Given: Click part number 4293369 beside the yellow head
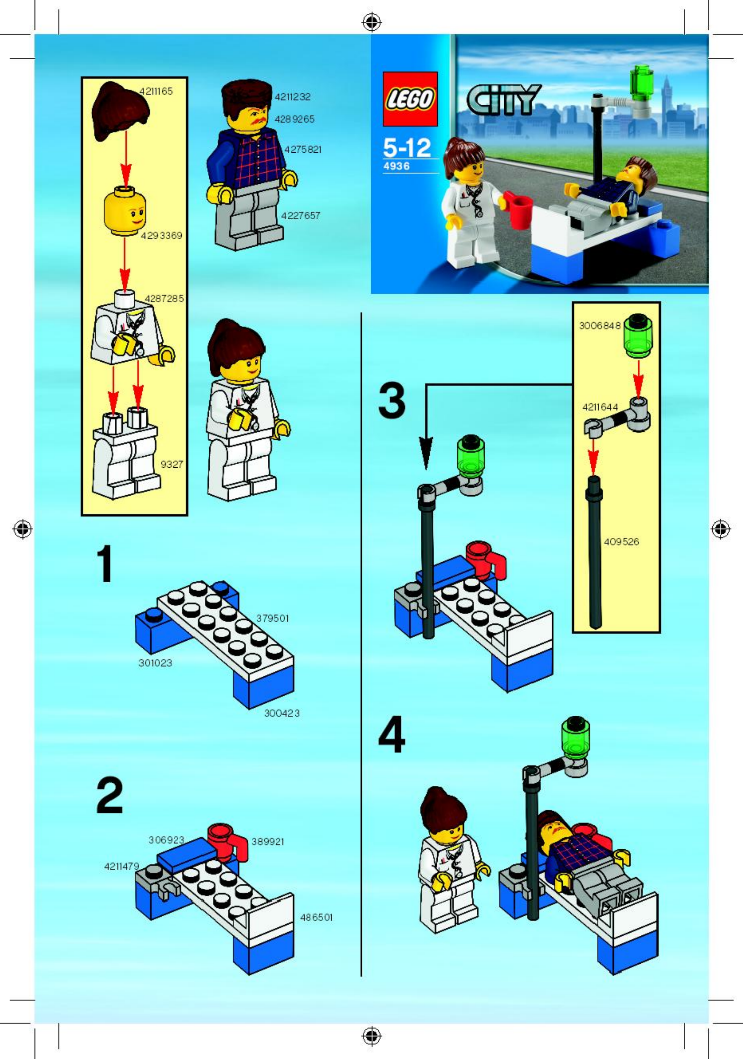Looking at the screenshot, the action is (x=161, y=236).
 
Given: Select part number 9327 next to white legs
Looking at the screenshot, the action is (x=171, y=465).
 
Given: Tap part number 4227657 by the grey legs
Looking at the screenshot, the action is (x=300, y=215).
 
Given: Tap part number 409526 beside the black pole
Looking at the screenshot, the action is (x=621, y=542).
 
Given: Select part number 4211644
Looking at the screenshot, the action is (x=600, y=407).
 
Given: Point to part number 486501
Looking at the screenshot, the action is (x=316, y=917).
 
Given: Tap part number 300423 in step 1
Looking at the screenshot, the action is (x=282, y=713).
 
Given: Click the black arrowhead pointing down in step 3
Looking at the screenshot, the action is (x=426, y=455).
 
